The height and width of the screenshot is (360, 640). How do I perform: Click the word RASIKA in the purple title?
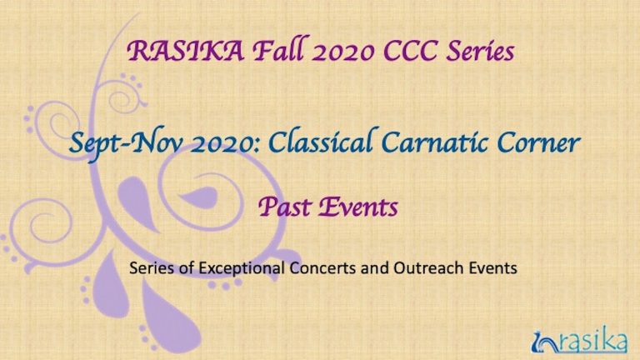coord(186,51)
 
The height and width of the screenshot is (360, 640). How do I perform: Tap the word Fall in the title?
coord(278,49)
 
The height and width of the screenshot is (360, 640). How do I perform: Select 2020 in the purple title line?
coord(342,52)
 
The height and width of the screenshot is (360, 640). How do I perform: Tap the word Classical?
coord(320,141)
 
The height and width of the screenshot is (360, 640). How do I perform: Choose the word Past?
coord(284,207)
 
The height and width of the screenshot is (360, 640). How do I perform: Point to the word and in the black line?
coord(375,268)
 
